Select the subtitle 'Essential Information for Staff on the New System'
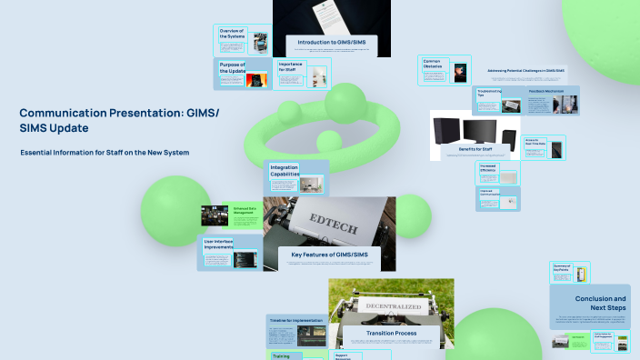coord(105,152)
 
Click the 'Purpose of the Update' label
coord(234,67)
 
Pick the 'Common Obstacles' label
coord(433,64)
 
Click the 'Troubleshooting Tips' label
coord(489,93)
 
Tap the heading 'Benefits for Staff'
coord(474,146)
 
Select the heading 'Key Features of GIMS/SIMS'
coord(329,255)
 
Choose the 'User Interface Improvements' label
coord(225,244)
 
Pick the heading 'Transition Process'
coord(391,334)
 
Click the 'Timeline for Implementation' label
coord(296,321)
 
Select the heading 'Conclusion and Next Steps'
coord(600,303)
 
